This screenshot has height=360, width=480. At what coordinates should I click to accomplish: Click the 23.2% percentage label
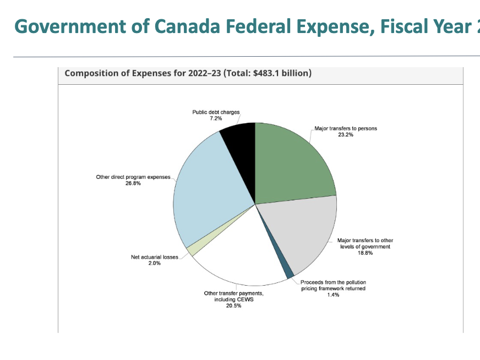click(346, 135)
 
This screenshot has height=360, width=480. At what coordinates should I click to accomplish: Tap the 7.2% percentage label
click(216, 118)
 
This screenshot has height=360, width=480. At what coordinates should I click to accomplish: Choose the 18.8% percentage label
click(365, 253)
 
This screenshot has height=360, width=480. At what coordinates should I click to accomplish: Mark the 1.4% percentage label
click(333, 295)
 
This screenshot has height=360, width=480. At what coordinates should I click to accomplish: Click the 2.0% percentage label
click(154, 263)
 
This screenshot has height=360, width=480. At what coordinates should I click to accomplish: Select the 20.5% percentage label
click(233, 306)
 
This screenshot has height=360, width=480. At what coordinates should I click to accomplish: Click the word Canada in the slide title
click(181, 26)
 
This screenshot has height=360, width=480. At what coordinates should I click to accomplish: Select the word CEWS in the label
click(243, 299)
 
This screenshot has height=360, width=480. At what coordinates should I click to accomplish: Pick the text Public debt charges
click(216, 112)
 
